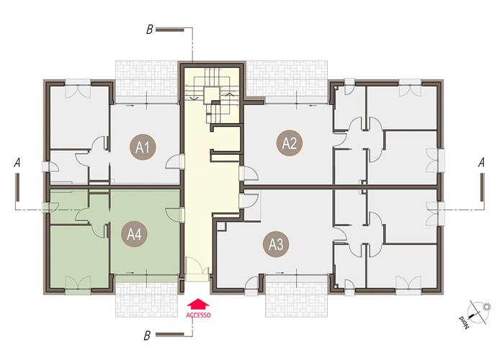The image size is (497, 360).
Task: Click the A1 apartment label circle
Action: (x=143, y=147)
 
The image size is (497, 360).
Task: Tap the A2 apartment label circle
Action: (x=290, y=143)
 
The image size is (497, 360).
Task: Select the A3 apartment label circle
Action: (x=276, y=244)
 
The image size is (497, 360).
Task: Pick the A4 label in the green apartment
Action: (x=134, y=235)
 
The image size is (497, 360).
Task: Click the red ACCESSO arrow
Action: (x=198, y=304)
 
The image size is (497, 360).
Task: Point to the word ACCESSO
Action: (x=198, y=315)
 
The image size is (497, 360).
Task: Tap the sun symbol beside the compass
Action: (x=486, y=307)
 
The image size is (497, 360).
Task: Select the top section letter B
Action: (x=149, y=30)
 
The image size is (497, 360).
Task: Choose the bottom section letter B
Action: (x=147, y=336)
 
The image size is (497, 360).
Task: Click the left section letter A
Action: (x=17, y=163)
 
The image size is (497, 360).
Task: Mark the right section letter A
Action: (x=481, y=163)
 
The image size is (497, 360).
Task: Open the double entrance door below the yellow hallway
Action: (x=197, y=269)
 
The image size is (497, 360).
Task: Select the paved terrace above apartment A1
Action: (x=147, y=82)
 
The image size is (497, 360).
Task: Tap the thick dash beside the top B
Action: (x=170, y=30)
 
